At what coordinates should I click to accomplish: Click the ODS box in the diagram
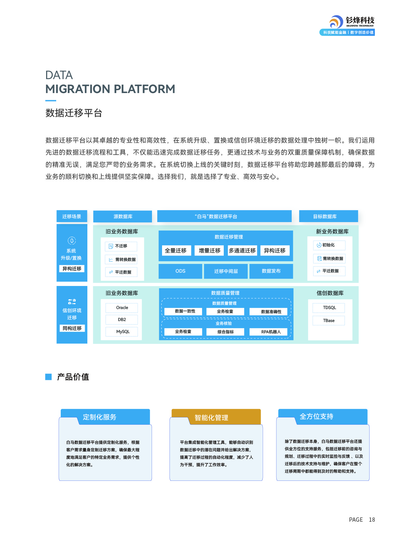point(180,271)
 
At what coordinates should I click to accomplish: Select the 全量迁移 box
point(176,251)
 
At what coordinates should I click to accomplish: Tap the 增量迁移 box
point(209,251)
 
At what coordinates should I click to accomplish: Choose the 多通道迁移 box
point(242,251)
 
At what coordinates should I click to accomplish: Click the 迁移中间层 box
point(226,271)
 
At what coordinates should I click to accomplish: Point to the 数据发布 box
point(271,271)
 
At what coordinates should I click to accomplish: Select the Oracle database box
point(122,308)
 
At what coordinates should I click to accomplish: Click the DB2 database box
point(122,320)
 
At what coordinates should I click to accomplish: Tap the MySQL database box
point(122,332)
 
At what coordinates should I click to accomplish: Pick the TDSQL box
point(329,308)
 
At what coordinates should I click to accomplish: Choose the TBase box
point(329,321)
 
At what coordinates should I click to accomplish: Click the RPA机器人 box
point(271,332)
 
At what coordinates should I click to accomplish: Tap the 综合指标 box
point(225,332)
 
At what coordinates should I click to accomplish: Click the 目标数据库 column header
point(328,217)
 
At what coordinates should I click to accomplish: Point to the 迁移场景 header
point(72,217)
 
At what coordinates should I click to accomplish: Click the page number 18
point(372,520)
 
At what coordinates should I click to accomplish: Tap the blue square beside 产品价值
point(48,377)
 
